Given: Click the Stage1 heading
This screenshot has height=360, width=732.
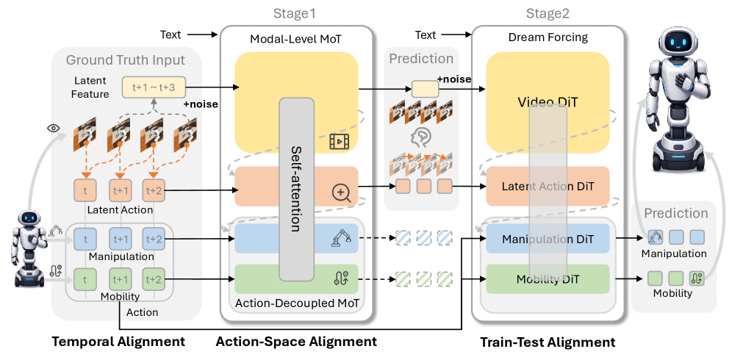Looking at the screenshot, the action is (294, 13).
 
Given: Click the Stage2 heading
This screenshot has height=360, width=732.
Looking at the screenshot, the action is (548, 13).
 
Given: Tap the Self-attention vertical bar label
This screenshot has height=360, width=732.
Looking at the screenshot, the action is (296, 189).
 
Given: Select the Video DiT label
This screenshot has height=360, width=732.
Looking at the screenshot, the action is (548, 102).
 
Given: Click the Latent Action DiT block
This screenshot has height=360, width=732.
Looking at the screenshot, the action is (548, 187).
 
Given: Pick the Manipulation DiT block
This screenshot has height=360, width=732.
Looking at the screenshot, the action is (548, 239).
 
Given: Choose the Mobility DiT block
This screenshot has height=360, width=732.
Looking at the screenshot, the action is (548, 279).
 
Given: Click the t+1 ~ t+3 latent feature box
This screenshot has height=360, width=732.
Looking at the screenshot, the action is (154, 87).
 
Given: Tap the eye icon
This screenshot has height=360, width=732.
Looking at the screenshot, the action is (54, 128).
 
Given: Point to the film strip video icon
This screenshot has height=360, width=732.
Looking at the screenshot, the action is (339, 140).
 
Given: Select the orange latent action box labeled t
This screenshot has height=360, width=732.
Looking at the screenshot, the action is (85, 190).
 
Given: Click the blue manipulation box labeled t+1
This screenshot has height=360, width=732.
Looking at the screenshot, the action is (121, 239).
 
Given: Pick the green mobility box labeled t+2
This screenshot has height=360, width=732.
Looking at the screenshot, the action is (154, 280).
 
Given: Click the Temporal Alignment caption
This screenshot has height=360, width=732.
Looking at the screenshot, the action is (118, 342).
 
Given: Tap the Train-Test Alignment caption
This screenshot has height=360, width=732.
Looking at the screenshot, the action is (548, 342).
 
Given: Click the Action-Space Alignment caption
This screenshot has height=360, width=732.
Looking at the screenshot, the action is (296, 342).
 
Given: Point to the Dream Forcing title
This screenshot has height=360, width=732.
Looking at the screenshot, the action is (548, 37).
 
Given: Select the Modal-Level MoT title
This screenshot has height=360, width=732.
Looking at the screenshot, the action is (296, 39).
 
